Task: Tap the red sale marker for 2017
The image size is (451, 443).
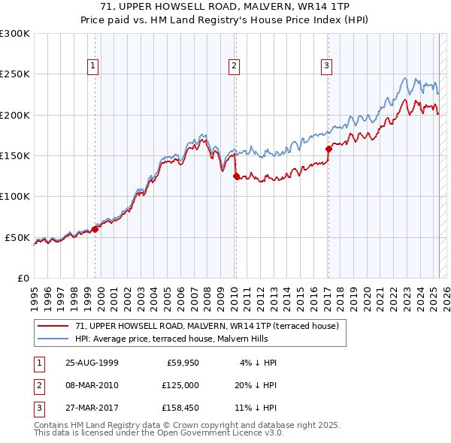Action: coord(328,149)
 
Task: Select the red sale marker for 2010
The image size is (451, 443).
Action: coord(236,176)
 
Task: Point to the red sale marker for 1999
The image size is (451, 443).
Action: coord(95,229)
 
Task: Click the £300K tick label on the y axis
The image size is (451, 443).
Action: coord(15,34)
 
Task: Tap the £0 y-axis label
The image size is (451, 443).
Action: coord(23,278)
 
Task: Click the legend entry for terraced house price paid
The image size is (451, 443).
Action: coord(207,326)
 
